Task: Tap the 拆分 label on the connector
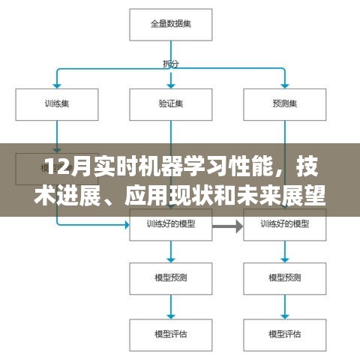point(170,63)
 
